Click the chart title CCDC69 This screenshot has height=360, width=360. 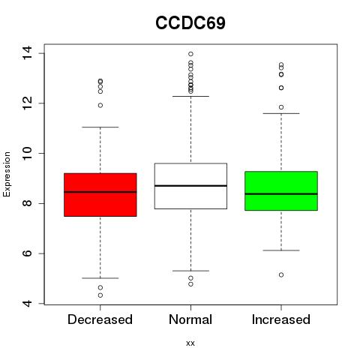[x=190, y=23]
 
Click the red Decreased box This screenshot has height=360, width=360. [x=100, y=195]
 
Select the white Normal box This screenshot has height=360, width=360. [x=190, y=186]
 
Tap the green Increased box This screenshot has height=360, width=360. [x=281, y=191]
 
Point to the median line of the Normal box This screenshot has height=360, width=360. [x=190, y=186]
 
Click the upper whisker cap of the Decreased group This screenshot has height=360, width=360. [x=100, y=127]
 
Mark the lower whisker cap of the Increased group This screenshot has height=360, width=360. [x=281, y=250]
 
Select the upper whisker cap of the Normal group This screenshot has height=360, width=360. [x=190, y=96]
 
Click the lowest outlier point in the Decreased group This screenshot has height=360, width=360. [x=100, y=295]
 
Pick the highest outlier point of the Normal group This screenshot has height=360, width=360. [x=190, y=54]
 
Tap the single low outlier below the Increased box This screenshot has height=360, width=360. [x=281, y=274]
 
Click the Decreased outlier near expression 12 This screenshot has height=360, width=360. [x=100, y=105]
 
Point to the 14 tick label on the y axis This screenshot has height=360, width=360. [x=27, y=53]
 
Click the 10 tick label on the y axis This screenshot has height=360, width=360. [x=27, y=153]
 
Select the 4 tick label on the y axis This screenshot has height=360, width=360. [x=27, y=303]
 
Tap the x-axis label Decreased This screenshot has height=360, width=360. [x=100, y=319]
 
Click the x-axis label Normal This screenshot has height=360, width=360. [x=190, y=319]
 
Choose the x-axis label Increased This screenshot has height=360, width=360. [x=281, y=319]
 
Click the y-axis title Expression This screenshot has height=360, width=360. [x=7, y=174]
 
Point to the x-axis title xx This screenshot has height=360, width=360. [x=190, y=343]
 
